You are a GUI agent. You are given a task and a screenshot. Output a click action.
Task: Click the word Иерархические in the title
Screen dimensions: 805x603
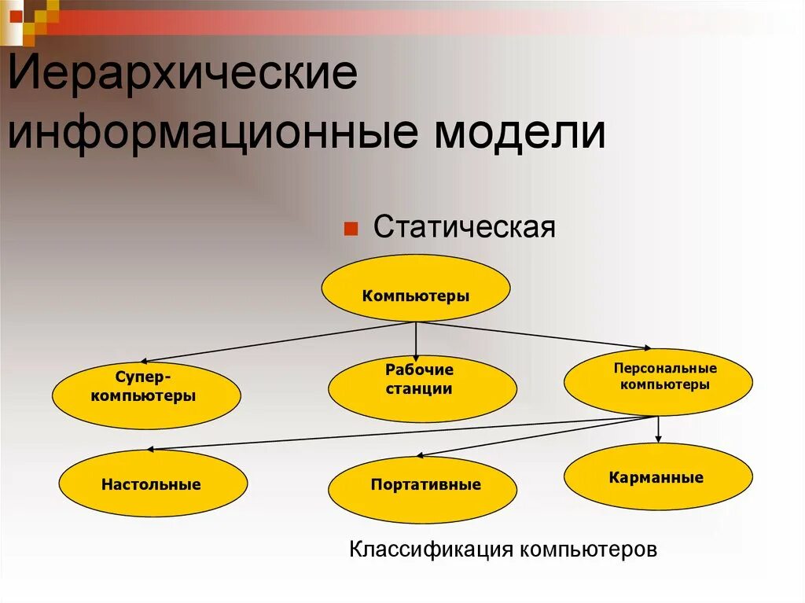(x=182, y=78)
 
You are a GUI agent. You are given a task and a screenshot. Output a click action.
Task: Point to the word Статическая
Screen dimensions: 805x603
(x=465, y=227)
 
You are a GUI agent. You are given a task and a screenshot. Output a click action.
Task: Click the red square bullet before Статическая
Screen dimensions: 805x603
(x=351, y=229)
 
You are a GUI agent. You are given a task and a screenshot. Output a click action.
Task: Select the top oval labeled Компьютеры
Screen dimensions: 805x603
(x=416, y=289)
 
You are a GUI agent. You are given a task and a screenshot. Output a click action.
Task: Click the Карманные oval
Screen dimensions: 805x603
(x=658, y=477)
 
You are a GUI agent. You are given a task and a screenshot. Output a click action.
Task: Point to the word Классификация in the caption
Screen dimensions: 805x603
(x=431, y=548)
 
